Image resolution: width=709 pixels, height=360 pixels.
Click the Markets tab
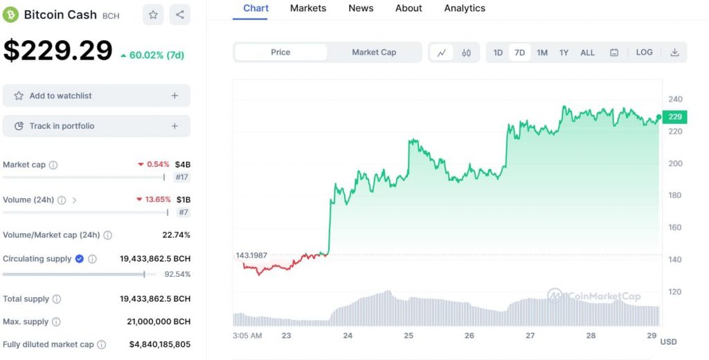pyautogui.click(x=308, y=8)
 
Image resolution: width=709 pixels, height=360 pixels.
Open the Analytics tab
pyautogui.click(x=465, y=8)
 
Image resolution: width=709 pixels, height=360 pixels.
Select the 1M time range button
pyautogui.click(x=542, y=53)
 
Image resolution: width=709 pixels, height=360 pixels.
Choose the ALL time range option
pyautogui.click(x=587, y=53)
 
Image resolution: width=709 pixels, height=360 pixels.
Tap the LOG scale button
pyautogui.click(x=644, y=53)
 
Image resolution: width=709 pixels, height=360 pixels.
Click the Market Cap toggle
pyautogui.click(x=374, y=53)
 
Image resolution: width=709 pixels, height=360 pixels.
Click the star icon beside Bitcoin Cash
pyautogui.click(x=153, y=15)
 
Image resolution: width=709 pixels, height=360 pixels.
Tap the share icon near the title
pyautogui.click(x=180, y=15)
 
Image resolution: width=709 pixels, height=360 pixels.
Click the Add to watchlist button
pyautogui.click(x=96, y=96)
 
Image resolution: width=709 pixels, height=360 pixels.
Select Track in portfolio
pyautogui.click(x=96, y=126)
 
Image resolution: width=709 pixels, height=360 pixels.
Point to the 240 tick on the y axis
pyautogui.click(x=675, y=99)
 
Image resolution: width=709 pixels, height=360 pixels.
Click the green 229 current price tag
pyautogui.click(x=675, y=117)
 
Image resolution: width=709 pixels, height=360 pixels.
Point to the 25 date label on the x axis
pyautogui.click(x=409, y=336)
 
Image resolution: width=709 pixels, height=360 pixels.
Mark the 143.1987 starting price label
pyautogui.click(x=252, y=255)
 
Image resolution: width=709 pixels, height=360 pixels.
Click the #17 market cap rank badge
pyautogui.click(x=182, y=177)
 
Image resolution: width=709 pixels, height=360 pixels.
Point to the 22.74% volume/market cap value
pyautogui.click(x=176, y=235)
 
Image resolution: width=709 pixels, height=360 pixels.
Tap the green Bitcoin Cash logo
pyautogui.click(x=10, y=15)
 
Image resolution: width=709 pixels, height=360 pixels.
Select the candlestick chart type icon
pyautogui.click(x=466, y=53)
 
